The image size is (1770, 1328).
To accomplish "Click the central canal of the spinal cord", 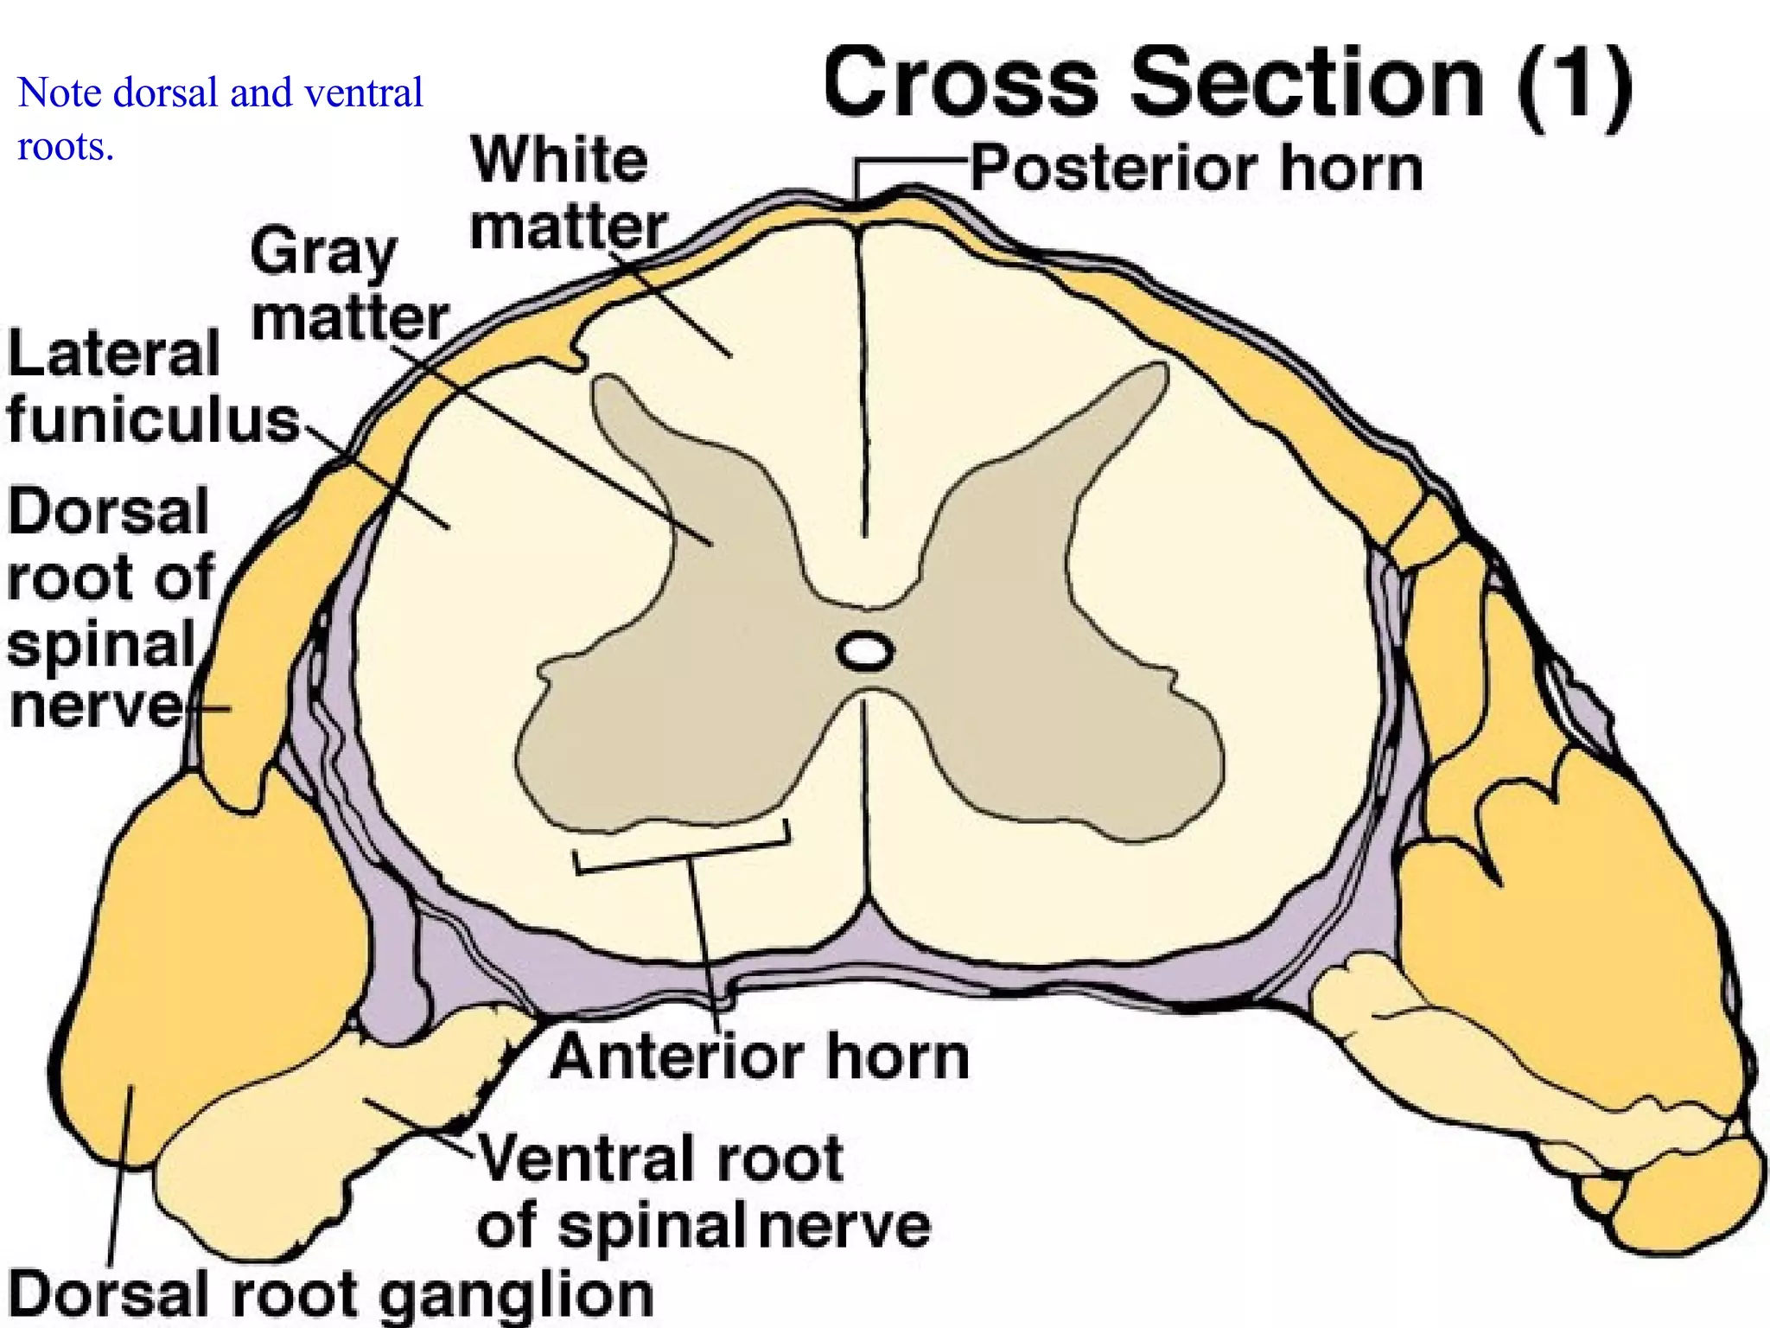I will click(863, 651).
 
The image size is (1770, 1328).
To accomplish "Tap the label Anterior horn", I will click(760, 1057).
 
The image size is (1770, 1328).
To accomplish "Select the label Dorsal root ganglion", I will click(330, 1294).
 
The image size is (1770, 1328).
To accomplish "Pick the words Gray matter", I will click(348, 285).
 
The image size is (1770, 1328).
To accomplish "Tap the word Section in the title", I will click(1306, 84).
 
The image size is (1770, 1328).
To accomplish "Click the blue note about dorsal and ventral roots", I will click(220, 118).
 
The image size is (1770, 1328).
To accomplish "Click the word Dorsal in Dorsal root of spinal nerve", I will click(109, 511).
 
